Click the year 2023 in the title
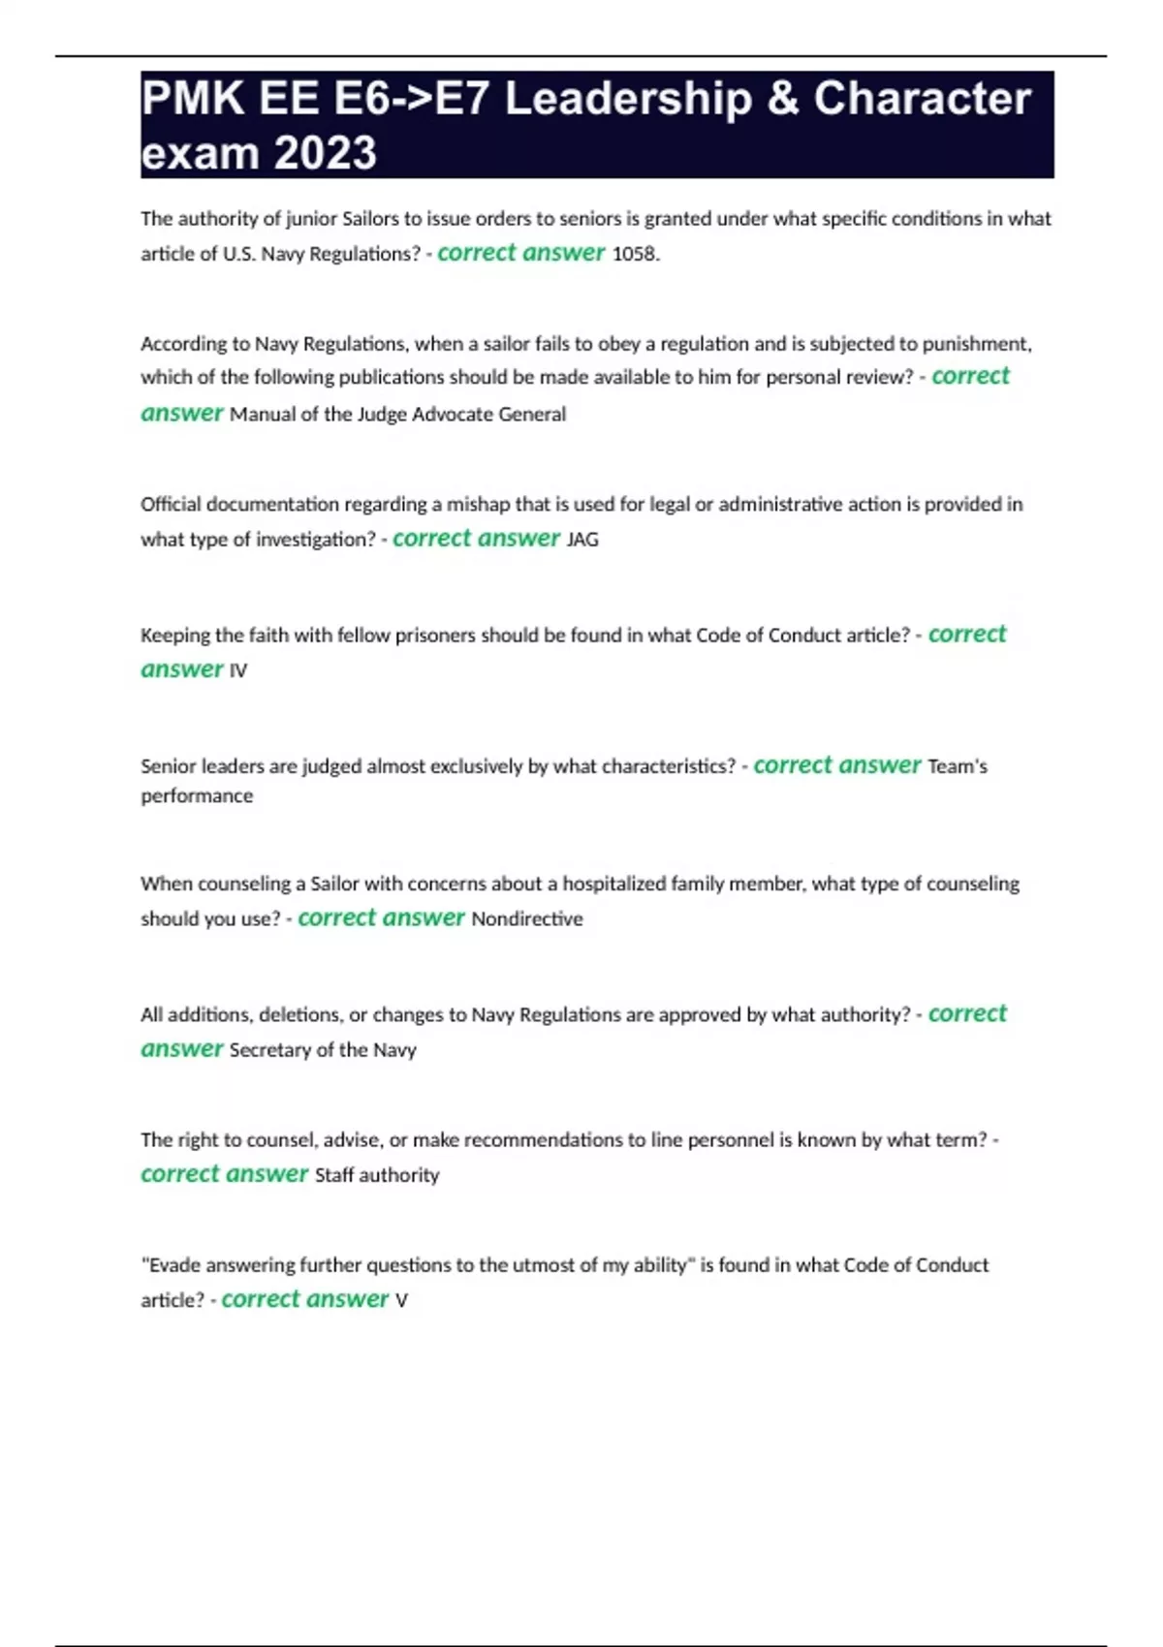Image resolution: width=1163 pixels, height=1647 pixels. click(x=325, y=153)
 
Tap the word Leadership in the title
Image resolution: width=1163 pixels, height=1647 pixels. click(x=628, y=99)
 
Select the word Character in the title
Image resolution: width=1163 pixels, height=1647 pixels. click(x=922, y=99)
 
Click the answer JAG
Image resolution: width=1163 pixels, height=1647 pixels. click(x=582, y=540)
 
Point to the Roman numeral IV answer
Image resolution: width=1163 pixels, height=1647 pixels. click(x=238, y=670)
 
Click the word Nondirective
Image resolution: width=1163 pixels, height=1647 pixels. click(x=527, y=918)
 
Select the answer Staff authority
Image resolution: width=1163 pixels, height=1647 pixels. click(x=377, y=1175)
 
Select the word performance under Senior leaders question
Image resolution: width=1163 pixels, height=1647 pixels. click(x=197, y=795)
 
